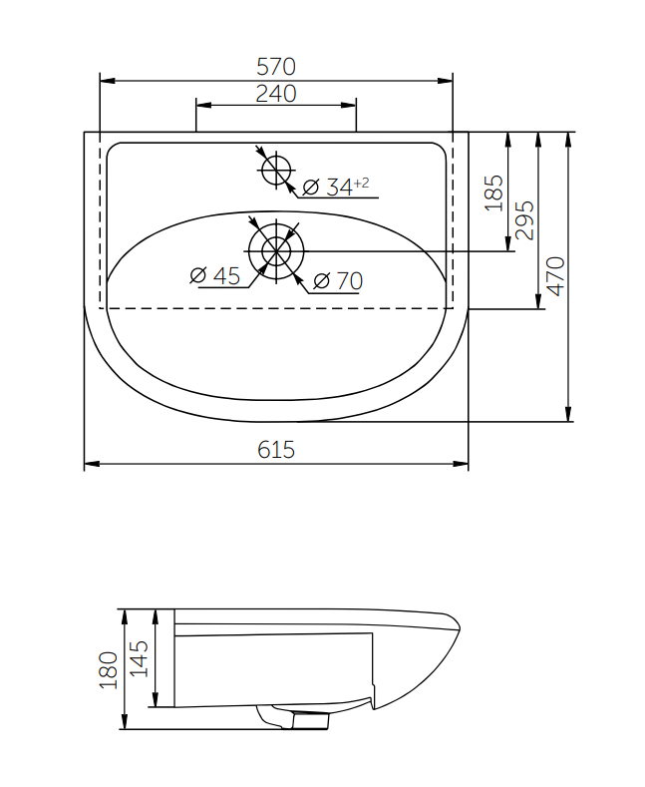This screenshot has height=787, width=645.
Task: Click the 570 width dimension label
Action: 276,67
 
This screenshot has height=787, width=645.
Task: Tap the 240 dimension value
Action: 276,94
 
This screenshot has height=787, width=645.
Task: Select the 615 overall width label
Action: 276,449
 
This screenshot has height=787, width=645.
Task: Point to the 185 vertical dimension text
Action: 494,194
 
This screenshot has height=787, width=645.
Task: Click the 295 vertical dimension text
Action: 524,220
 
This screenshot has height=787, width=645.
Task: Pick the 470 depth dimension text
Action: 555,276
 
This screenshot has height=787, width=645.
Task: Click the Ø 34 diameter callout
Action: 336,187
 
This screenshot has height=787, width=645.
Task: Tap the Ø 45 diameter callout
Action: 215,275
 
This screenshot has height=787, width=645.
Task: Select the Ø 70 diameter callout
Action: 338,280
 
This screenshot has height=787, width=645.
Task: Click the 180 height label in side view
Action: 109,670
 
